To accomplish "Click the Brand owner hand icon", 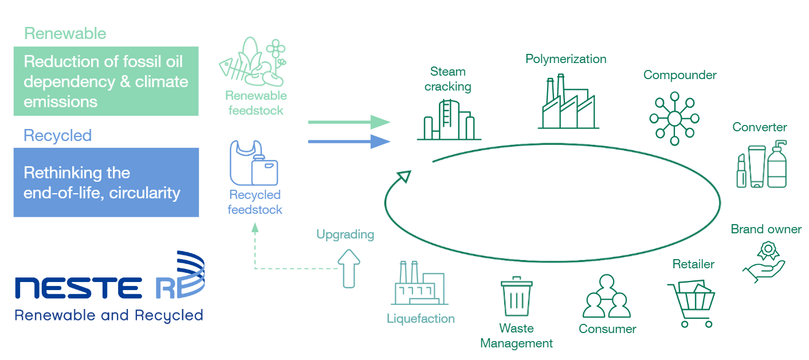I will [x=765, y=261].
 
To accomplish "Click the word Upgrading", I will [x=345, y=234].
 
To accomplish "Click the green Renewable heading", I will [x=65, y=33].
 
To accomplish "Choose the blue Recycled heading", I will [x=57, y=135].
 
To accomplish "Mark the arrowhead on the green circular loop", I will [x=404, y=175].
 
